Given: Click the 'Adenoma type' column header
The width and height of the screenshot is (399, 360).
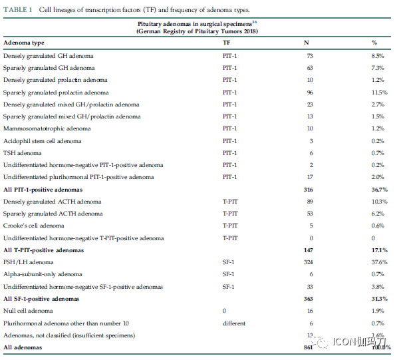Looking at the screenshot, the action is (24, 43).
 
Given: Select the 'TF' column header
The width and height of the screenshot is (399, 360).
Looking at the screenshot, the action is (227, 43).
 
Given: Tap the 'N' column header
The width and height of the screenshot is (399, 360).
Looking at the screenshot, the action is (307, 43).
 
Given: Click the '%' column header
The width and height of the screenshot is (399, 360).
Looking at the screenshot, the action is (374, 43).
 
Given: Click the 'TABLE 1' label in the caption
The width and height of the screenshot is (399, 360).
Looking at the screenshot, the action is (18, 10).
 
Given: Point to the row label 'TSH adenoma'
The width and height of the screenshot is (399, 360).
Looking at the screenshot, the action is (23, 153).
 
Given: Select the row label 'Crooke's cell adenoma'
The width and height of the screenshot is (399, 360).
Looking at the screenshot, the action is (34, 226).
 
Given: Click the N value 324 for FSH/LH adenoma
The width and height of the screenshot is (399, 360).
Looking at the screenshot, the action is (308, 262).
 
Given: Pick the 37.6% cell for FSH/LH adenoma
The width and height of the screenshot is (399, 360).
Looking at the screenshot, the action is (380, 262).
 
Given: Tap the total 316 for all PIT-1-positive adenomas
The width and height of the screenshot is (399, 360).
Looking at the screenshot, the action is (308, 190).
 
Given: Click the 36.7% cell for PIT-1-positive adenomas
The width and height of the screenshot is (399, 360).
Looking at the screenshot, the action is (380, 190).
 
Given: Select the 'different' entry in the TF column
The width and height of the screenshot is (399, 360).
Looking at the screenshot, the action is (234, 323).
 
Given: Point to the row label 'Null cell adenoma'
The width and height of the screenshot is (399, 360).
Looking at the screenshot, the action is (28, 311).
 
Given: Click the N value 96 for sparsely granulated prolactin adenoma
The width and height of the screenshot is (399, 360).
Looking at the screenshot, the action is (310, 92).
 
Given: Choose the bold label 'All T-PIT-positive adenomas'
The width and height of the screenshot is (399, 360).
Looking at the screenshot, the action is (43, 250).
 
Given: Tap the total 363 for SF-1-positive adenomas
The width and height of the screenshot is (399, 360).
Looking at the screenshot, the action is (308, 299).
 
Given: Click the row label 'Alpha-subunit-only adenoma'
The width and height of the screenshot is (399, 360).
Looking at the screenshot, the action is (43, 274).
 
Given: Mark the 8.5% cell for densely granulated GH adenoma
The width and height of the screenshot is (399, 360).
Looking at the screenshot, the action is (378, 56).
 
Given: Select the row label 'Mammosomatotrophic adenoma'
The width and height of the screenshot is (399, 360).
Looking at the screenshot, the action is (47, 128).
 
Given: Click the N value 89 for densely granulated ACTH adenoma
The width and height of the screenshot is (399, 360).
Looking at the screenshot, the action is (310, 202).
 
